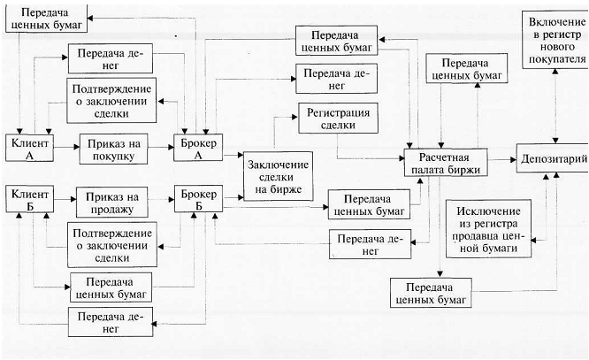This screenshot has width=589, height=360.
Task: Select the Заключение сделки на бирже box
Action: click(x=276, y=175)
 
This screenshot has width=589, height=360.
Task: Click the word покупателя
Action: click(x=556, y=59)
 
